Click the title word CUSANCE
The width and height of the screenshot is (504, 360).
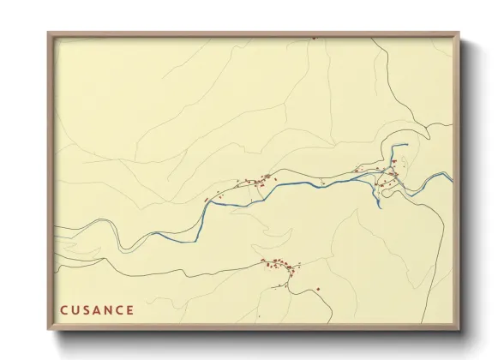(97, 309)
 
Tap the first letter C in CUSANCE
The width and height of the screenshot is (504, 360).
(63, 309)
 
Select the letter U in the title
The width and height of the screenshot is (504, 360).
(75, 309)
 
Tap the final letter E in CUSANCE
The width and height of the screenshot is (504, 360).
(130, 309)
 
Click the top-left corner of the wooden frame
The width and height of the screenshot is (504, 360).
(49, 33)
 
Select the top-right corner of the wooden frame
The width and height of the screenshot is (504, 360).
(459, 33)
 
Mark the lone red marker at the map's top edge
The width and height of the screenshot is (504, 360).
(314, 38)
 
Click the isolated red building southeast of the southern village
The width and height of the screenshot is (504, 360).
(318, 289)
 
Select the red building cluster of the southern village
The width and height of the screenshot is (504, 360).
(279, 266)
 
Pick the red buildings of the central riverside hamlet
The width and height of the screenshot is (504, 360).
(257, 180)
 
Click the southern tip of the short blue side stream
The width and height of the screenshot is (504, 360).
(378, 205)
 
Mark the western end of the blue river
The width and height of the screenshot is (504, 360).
(205, 202)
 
